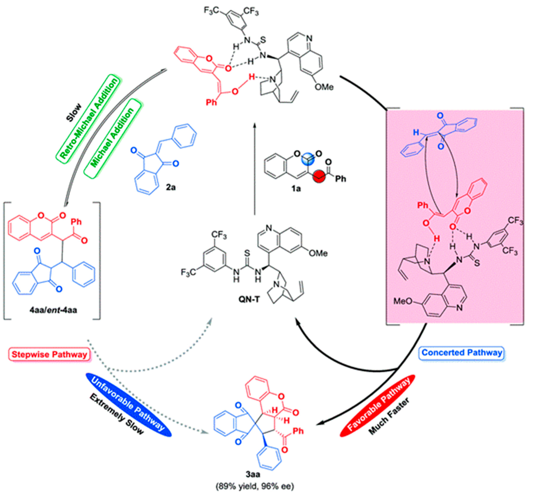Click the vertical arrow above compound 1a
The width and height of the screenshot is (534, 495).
pyautogui.click(x=254, y=169)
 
